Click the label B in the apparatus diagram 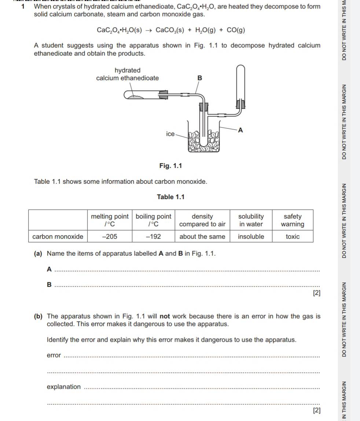click(x=200, y=78)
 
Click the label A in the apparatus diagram click(x=240, y=130)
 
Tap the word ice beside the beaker click(x=170, y=134)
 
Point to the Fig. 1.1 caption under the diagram click(x=170, y=166)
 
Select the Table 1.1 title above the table click(x=170, y=197)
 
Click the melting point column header click(x=110, y=220)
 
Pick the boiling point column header click(x=153, y=220)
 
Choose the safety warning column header click(x=292, y=220)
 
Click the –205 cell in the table click(x=110, y=237)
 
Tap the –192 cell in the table click(x=153, y=237)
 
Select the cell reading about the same click(x=202, y=237)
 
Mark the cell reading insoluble click(x=251, y=237)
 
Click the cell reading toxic click(x=292, y=237)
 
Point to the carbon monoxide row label click(x=58, y=237)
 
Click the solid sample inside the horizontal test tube click(x=136, y=96)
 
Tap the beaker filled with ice click(x=204, y=141)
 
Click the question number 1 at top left click(x=23, y=7)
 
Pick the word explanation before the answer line click(x=63, y=387)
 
